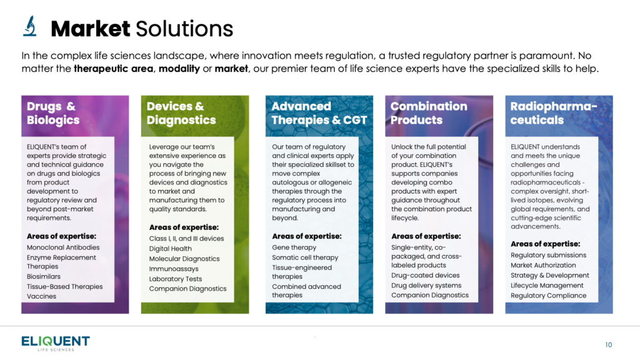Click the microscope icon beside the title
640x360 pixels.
click(x=30, y=26)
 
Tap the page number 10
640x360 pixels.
click(x=608, y=345)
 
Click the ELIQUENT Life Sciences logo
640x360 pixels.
click(x=56, y=343)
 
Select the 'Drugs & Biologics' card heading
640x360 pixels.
click(x=53, y=113)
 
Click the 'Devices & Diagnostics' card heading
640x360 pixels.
click(x=181, y=113)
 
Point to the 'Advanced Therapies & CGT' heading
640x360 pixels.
click(x=319, y=113)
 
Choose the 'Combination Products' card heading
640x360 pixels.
click(x=429, y=113)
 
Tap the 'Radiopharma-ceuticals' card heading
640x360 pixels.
click(x=554, y=113)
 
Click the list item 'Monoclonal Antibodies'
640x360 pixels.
click(x=63, y=247)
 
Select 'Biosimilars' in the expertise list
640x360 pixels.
click(x=44, y=276)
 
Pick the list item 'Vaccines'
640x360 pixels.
click(x=42, y=296)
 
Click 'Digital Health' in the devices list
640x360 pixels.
click(x=170, y=249)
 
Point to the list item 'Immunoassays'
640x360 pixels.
click(x=174, y=269)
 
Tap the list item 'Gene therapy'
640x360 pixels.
click(x=294, y=247)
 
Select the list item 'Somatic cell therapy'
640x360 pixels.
click(x=305, y=257)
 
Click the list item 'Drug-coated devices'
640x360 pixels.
click(x=425, y=275)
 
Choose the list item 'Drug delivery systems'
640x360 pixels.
click(x=426, y=285)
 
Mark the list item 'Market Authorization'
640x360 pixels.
click(x=543, y=265)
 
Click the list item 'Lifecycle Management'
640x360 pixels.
click(x=547, y=285)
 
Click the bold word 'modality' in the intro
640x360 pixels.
click(x=179, y=69)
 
